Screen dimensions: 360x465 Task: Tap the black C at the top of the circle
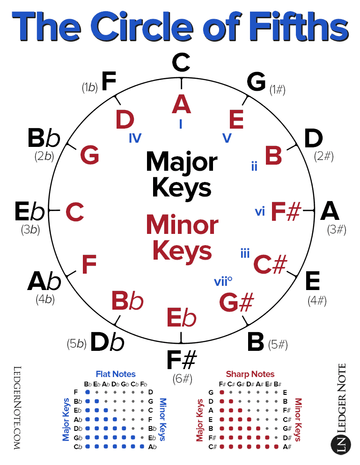tap(181, 63)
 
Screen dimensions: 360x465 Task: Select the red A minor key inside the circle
tap(181, 104)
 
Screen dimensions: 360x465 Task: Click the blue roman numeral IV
tap(135, 138)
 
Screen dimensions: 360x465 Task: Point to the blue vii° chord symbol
tap(223, 281)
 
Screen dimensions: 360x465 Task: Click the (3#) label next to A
tap(337, 230)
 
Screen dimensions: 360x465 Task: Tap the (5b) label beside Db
tap(77, 344)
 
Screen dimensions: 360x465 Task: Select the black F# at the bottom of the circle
tap(182, 359)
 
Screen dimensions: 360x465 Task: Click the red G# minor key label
tap(236, 302)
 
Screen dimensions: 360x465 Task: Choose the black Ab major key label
tap(44, 281)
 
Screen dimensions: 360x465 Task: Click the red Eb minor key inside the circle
tap(181, 317)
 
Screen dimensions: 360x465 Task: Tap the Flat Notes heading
tap(116, 374)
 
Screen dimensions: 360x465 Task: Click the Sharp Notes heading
tap(250, 374)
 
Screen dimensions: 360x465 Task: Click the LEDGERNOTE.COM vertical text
tap(17, 407)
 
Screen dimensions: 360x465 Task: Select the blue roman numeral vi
tap(260, 212)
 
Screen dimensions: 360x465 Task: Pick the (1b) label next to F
tap(89, 87)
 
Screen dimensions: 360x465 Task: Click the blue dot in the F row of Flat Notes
tap(88, 392)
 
